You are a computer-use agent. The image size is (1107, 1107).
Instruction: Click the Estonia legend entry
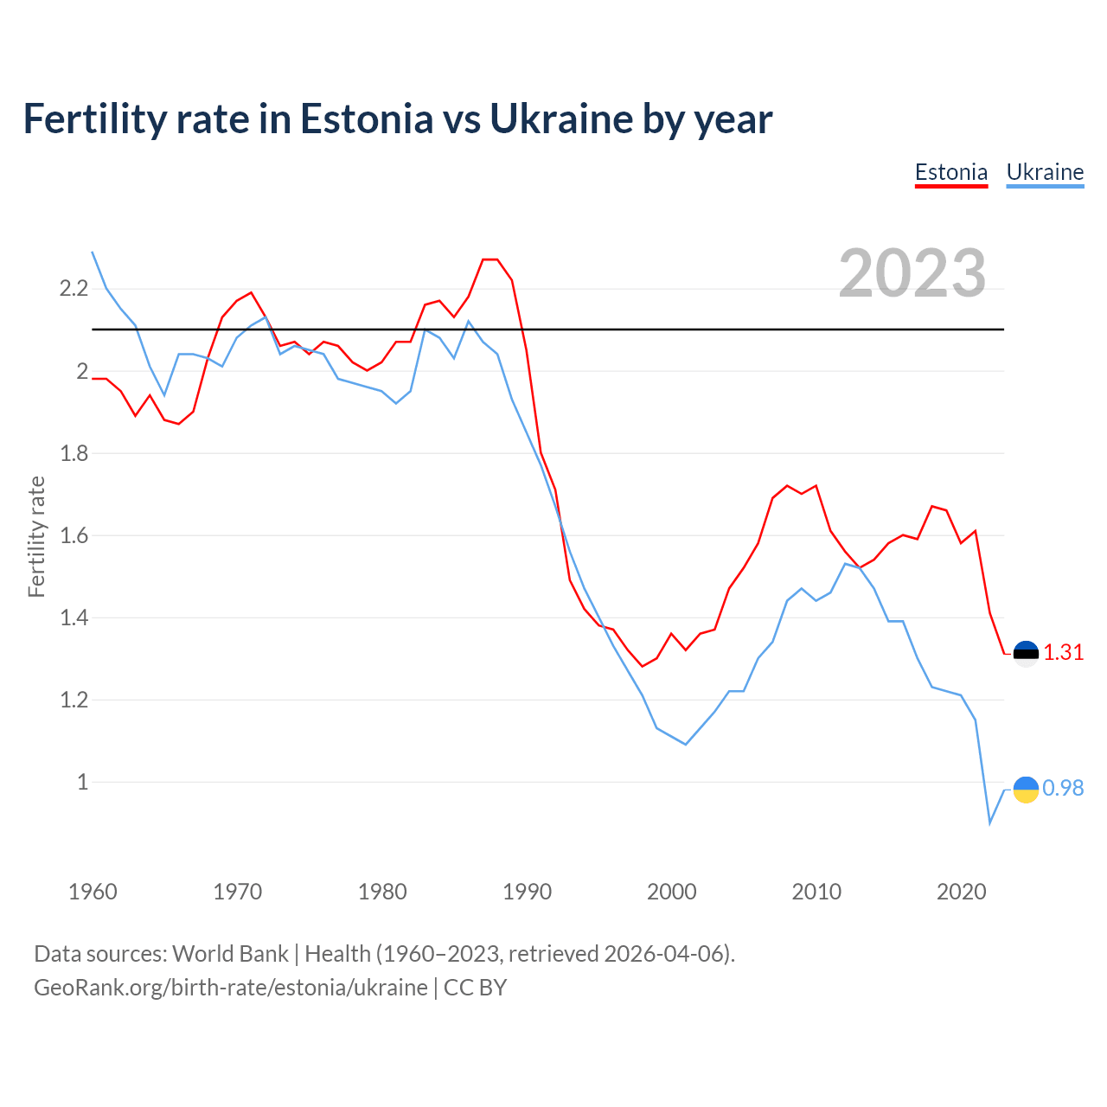click(x=951, y=172)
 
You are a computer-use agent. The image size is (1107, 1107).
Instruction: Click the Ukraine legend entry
click(x=1045, y=172)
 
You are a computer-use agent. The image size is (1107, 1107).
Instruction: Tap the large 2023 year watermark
click(x=912, y=273)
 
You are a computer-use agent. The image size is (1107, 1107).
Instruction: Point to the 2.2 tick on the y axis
click(x=74, y=288)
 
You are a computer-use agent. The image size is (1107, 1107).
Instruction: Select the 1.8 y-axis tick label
click(x=74, y=453)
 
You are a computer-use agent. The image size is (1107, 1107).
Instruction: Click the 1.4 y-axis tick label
click(x=74, y=617)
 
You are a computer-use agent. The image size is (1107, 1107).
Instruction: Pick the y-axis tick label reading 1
click(x=83, y=782)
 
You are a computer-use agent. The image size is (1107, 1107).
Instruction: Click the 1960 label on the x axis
click(x=93, y=892)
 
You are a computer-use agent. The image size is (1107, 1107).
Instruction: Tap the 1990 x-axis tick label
click(x=527, y=892)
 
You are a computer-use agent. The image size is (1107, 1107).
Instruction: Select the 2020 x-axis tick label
click(x=961, y=892)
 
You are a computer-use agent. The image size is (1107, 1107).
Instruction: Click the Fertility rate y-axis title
click(x=36, y=536)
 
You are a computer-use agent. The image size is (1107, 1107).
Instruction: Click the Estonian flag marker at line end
click(x=1026, y=653)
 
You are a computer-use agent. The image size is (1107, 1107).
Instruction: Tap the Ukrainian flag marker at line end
click(x=1026, y=789)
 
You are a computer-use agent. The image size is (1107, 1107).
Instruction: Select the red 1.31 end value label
click(x=1064, y=653)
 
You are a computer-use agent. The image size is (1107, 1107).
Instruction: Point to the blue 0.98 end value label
click(x=1063, y=789)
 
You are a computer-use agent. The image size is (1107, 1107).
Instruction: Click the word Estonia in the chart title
click(x=366, y=118)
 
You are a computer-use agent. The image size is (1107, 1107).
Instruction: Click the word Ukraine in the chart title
click(x=560, y=118)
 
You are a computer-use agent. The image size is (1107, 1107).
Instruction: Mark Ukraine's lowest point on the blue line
click(x=990, y=822)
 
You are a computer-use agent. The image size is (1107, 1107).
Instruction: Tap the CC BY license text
click(x=475, y=988)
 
